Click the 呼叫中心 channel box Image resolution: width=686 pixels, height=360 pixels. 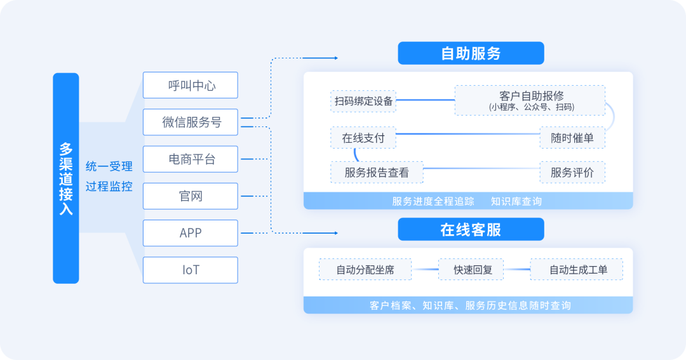191,85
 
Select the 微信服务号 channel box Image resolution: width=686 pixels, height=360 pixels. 191,123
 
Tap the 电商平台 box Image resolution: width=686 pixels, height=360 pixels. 191,159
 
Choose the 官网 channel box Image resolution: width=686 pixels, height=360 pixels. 191,196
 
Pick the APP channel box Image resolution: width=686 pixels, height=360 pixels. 191,233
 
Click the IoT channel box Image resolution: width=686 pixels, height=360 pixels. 191,270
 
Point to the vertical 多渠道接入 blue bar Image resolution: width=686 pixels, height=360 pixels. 66,178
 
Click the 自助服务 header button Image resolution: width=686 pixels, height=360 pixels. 471,53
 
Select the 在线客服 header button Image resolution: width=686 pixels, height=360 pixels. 471,229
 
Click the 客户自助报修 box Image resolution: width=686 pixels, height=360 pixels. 530,100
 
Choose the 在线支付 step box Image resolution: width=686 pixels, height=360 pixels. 363,138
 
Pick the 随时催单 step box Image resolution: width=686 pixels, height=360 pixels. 572,138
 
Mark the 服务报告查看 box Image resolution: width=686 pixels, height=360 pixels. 377,172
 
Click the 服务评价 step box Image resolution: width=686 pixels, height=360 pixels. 572,172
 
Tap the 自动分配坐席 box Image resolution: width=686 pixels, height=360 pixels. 365,270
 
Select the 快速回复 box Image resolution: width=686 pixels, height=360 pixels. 471,270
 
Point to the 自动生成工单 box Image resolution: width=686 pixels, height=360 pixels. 577,270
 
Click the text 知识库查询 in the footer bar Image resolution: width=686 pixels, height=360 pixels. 516,201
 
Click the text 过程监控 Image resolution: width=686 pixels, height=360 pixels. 109,187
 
